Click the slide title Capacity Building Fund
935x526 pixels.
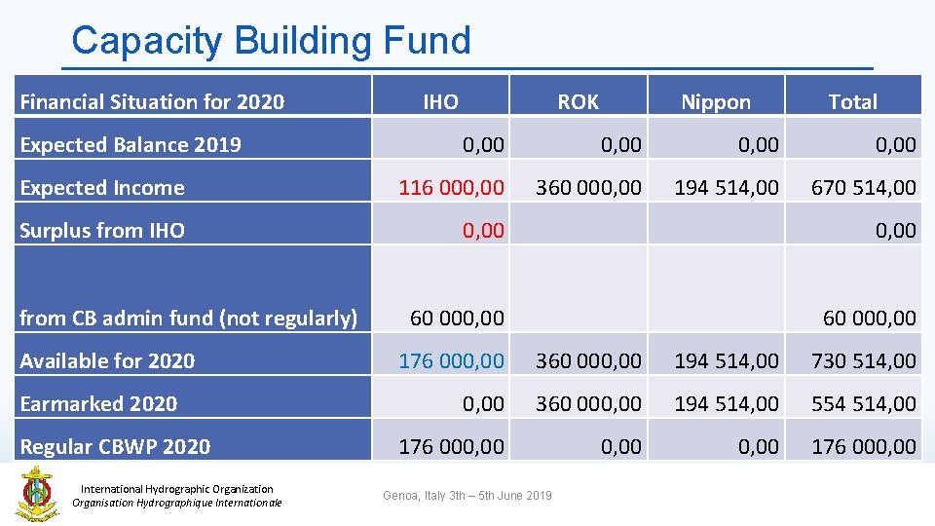click(271, 41)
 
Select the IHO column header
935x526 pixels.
click(440, 101)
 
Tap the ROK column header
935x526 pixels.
click(578, 101)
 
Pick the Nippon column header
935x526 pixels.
click(716, 101)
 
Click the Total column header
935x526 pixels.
click(852, 101)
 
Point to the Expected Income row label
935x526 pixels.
click(102, 187)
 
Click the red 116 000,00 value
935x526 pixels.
click(452, 187)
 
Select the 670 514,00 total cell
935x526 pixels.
click(864, 187)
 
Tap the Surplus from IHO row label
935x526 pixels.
click(102, 230)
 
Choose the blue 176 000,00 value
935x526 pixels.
click(452, 360)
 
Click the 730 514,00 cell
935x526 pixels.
click(864, 360)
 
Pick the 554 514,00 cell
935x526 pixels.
click(864, 403)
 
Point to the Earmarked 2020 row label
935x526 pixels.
click(98, 403)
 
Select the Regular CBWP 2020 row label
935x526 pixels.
click(115, 446)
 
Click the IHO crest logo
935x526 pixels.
click(36, 493)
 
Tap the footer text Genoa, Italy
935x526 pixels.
click(467, 496)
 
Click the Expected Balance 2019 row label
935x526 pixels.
click(131, 144)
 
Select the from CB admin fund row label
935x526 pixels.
click(189, 318)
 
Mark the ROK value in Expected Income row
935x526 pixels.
click(589, 187)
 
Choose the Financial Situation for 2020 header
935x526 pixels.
click(152, 101)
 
